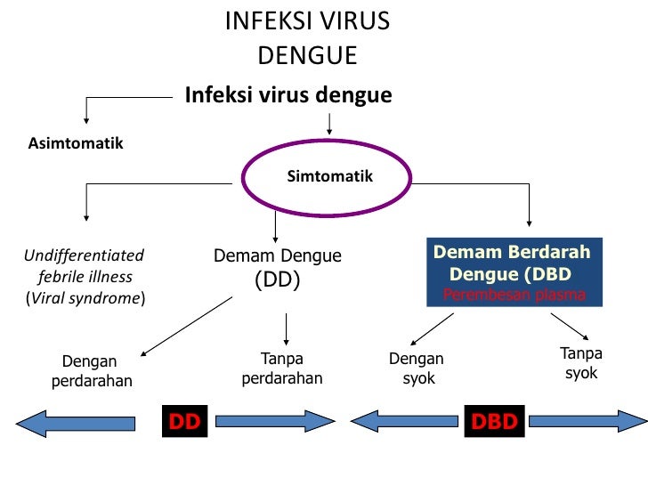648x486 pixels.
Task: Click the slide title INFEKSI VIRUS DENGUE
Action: pos(307,37)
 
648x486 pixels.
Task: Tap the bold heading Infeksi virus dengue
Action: pos(288,94)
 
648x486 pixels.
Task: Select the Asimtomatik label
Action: pos(76,143)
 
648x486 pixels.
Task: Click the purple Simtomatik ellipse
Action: pos(329,177)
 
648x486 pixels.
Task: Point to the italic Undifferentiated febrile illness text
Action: pos(85,276)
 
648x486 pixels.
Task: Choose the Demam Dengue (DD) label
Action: pos(278,268)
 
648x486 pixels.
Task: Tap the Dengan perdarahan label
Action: pos(89,372)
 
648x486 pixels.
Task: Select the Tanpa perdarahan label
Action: pos(282,369)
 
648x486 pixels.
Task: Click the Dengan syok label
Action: pos(417,369)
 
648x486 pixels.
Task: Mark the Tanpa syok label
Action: pos(581,363)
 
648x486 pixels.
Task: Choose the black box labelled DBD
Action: pos(493,421)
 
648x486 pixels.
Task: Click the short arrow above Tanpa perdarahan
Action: pos(286,328)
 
